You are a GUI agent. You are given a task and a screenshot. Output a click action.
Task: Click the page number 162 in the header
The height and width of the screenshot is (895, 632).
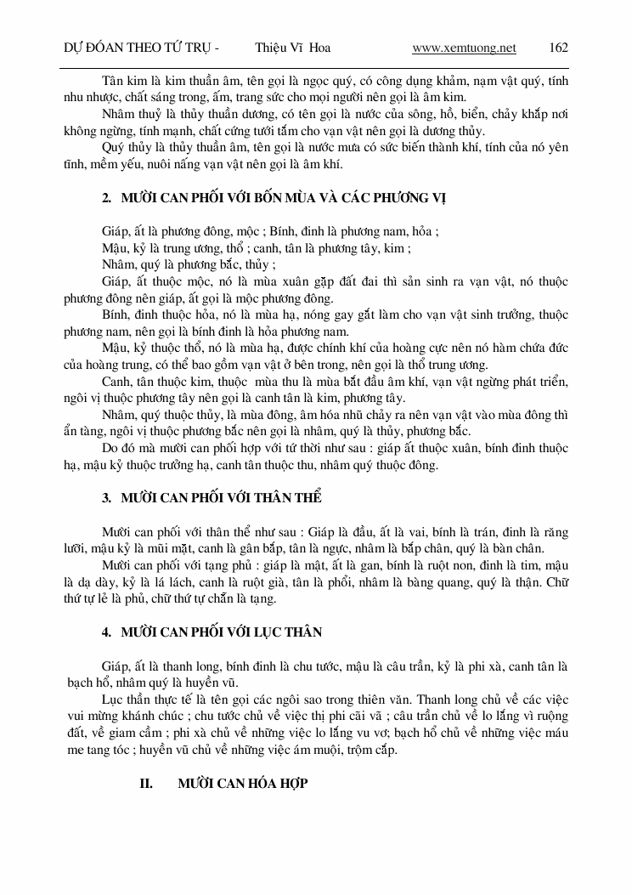[558, 48]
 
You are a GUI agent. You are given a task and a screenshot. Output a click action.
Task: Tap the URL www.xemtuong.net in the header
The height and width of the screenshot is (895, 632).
[464, 48]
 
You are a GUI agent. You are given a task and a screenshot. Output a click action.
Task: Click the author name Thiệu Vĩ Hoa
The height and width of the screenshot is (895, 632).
[292, 48]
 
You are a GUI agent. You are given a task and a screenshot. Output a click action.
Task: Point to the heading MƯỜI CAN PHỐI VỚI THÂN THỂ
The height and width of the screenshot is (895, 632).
[221, 497]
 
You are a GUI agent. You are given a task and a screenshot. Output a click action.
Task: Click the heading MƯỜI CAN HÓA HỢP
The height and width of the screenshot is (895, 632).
[242, 783]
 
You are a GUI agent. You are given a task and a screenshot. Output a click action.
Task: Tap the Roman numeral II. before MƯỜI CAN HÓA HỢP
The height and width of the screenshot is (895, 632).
[146, 783]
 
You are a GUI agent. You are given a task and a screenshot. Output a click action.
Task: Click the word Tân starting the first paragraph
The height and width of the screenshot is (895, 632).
[112, 81]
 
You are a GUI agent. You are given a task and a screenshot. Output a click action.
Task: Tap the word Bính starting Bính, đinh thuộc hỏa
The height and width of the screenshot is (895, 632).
[115, 314]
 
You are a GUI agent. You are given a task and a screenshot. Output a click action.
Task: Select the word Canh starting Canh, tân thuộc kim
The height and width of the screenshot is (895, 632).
[116, 381]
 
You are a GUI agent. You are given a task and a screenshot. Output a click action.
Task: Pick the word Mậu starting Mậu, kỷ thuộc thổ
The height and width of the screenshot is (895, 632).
[116, 348]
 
